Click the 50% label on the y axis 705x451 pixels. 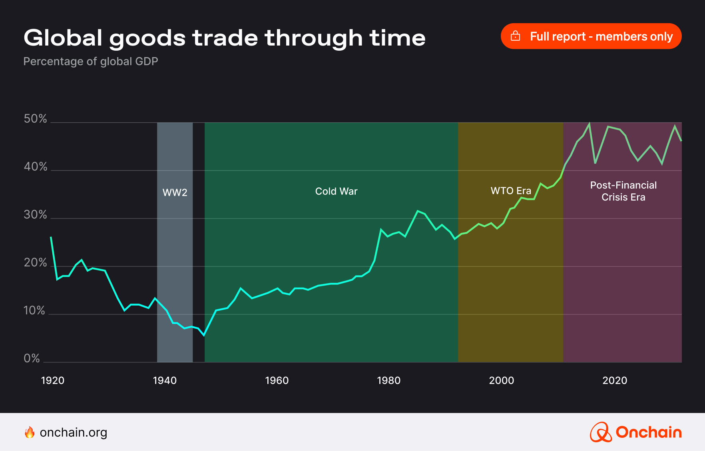[35, 119]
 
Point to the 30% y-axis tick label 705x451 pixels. [35, 215]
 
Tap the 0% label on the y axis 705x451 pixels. [32, 358]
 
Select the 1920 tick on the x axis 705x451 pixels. [53, 380]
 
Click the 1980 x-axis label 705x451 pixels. [388, 380]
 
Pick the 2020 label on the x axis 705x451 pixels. [615, 380]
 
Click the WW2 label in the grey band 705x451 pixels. [175, 193]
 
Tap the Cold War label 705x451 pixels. [336, 191]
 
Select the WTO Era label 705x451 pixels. [511, 191]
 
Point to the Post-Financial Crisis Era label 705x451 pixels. [623, 191]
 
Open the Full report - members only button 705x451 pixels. [591, 36]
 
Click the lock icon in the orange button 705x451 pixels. [516, 36]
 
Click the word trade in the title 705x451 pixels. [225, 38]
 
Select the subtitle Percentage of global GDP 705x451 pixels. [91, 62]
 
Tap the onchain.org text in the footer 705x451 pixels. [74, 433]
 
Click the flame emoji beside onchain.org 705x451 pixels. [30, 433]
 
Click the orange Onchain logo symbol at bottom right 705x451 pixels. [601, 433]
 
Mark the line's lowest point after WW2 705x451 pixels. [204, 335]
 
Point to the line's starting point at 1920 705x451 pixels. [51, 237]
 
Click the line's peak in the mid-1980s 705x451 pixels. [418, 211]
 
